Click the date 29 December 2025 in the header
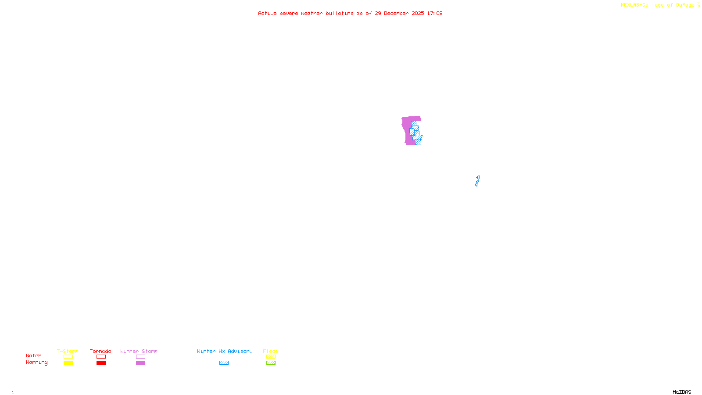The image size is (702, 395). point(399,14)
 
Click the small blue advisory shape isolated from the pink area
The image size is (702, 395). point(477,181)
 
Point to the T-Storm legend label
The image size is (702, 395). point(68,351)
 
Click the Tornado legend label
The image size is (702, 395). point(100,351)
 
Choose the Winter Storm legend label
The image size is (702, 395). point(139,351)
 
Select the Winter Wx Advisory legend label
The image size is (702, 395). point(225,351)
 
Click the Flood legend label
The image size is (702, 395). point(271,351)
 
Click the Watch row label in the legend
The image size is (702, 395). point(34,356)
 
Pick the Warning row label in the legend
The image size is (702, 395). point(36,363)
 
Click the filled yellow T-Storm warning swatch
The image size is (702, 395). point(68,363)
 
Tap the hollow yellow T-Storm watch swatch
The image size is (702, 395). point(68,357)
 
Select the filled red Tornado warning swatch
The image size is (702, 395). point(101,363)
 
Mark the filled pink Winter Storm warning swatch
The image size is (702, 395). point(140,363)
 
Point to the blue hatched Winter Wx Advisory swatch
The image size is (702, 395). point(224,363)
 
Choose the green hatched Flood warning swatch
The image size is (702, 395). point(271,363)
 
